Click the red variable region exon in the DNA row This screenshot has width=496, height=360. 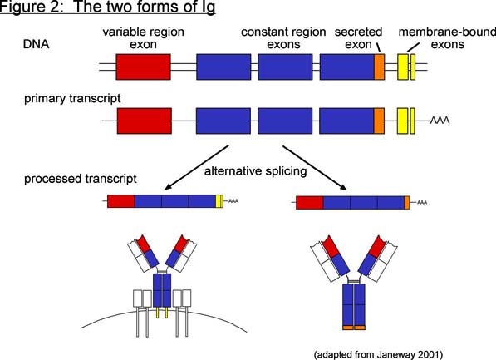(x=143, y=67)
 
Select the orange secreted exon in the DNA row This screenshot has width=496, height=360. (x=380, y=67)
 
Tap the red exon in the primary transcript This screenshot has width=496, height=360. (x=145, y=121)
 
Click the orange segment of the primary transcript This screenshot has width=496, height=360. (x=380, y=121)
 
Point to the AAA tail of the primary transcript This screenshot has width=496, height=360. (x=440, y=121)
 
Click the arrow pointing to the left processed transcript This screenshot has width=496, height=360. (x=196, y=167)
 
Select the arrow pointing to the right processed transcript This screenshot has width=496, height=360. (x=315, y=168)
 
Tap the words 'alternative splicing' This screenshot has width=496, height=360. (x=256, y=171)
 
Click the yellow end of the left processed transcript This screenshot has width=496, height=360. (x=219, y=201)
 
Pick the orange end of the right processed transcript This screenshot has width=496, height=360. (x=407, y=203)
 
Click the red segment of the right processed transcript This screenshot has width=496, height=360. (x=310, y=203)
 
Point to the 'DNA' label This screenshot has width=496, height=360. (x=37, y=44)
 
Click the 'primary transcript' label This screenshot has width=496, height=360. (x=72, y=98)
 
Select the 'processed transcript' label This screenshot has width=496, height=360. (x=81, y=179)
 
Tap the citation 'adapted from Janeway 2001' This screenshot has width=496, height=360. (x=378, y=354)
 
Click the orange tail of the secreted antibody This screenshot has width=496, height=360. (x=354, y=328)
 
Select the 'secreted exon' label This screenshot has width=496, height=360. (x=358, y=38)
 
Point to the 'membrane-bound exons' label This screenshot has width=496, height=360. (x=447, y=38)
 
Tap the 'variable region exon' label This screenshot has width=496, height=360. (x=143, y=38)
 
